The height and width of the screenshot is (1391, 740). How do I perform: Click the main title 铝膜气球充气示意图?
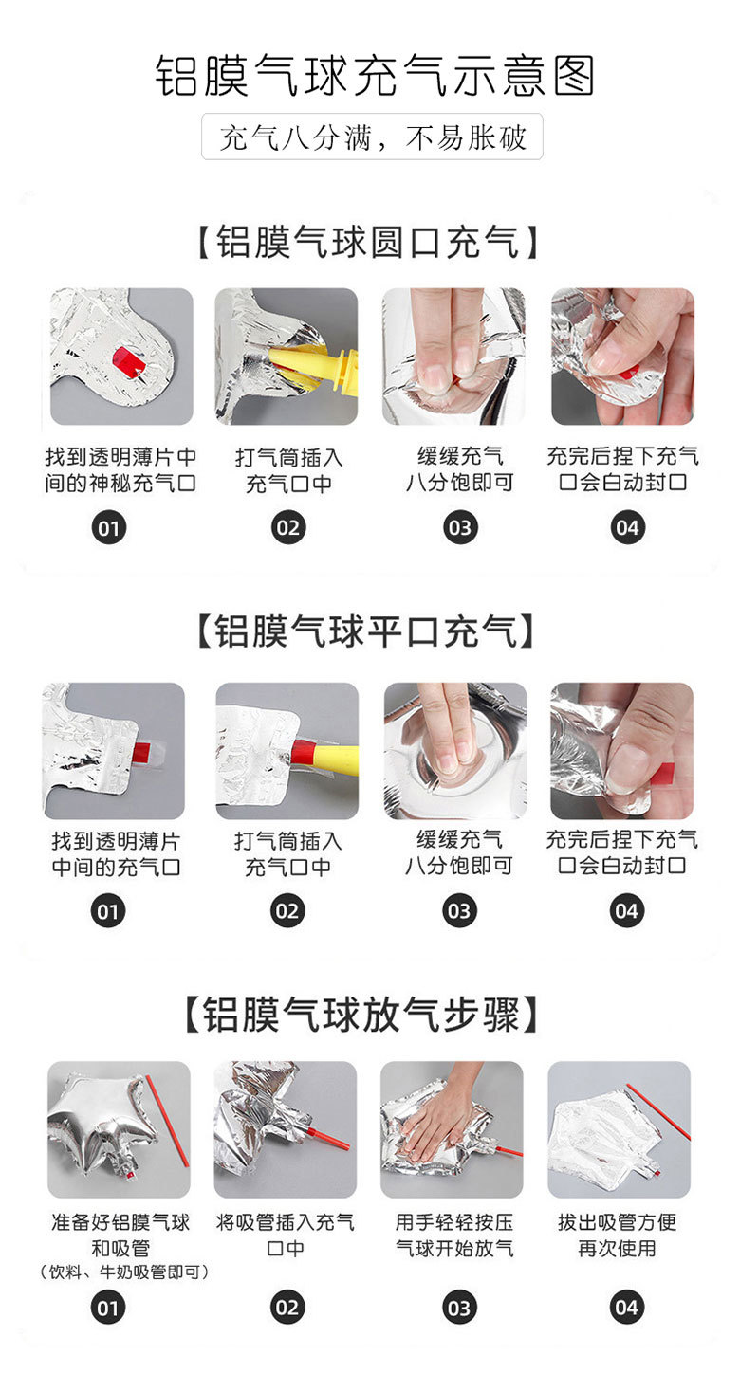point(375,76)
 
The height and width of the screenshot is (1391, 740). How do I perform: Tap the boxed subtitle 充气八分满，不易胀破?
point(372,137)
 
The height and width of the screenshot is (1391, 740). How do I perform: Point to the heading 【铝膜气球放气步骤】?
point(361,1015)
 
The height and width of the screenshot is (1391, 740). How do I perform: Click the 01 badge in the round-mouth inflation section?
point(109,528)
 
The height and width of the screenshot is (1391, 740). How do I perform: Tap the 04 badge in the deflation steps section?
point(626,1308)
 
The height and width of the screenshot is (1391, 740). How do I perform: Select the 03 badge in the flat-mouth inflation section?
point(459,911)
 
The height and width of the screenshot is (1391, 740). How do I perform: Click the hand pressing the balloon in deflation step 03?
point(442,1115)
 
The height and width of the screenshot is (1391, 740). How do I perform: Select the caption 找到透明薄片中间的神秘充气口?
point(120,470)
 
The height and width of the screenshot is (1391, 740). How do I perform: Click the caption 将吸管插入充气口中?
point(286,1235)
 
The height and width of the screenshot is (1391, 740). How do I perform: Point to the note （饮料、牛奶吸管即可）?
point(123,1272)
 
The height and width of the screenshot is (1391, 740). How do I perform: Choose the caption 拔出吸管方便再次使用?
point(617,1235)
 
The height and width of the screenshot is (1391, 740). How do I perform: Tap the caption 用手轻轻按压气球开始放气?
point(454,1235)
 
